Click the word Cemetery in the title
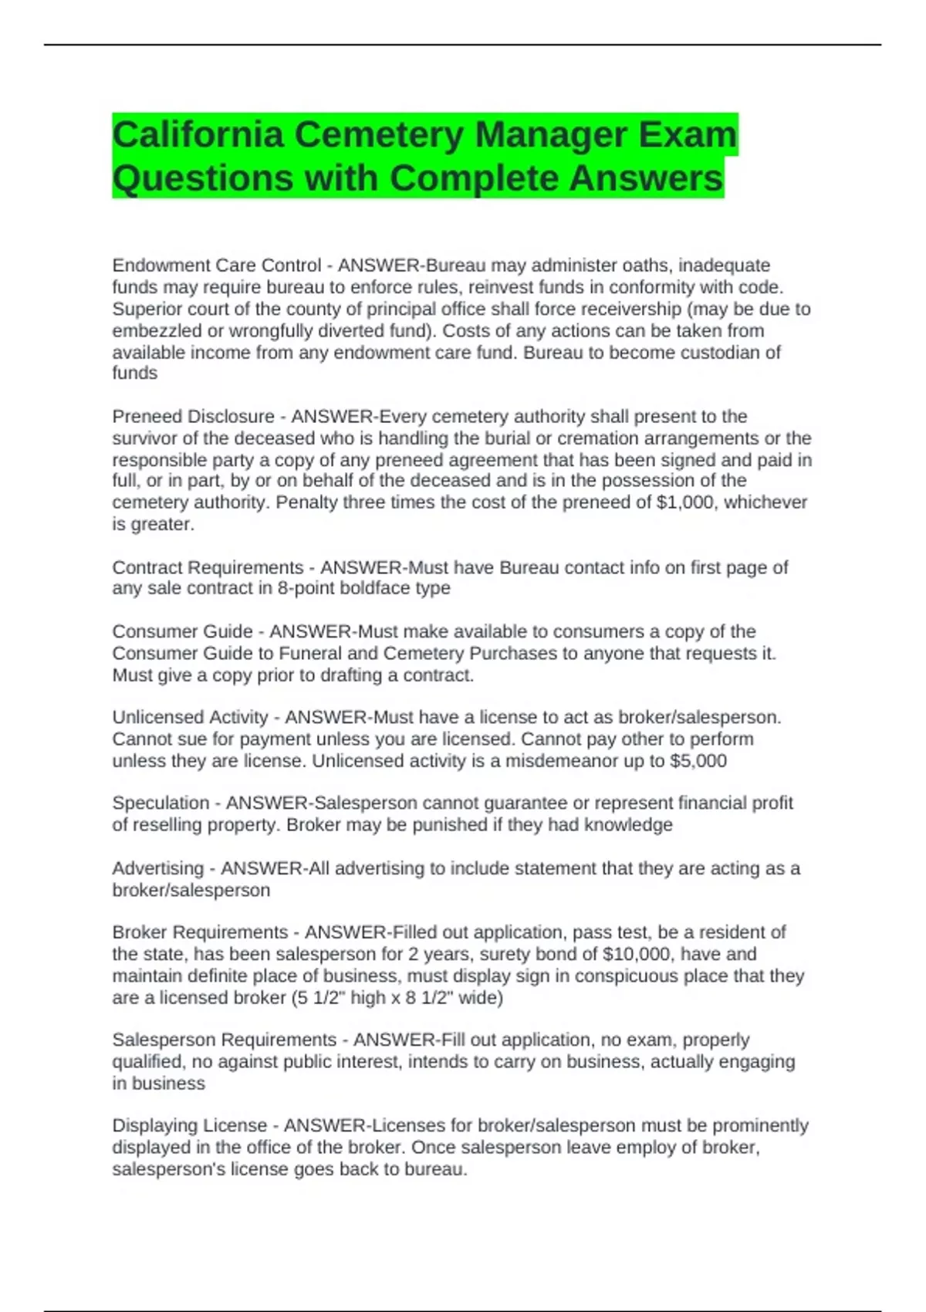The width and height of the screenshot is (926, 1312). pyautogui.click(x=379, y=135)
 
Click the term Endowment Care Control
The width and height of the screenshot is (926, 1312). pyautogui.click(x=216, y=265)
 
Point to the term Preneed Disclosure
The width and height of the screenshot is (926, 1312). pyautogui.click(x=193, y=417)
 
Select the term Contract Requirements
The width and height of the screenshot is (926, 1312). pyautogui.click(x=208, y=568)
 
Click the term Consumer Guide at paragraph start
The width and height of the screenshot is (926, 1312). pyautogui.click(x=182, y=631)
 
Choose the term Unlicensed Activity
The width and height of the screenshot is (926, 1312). pyautogui.click(x=190, y=717)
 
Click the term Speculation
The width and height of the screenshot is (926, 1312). pyautogui.click(x=161, y=803)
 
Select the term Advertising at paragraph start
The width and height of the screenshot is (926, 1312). pyautogui.click(x=157, y=868)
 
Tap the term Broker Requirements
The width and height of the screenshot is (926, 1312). pyautogui.click(x=200, y=932)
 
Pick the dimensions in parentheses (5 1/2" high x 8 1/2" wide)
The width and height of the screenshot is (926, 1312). pyautogui.click(x=397, y=998)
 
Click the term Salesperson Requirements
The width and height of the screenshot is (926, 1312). pyautogui.click(x=224, y=1040)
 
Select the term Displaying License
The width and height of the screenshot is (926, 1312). pyautogui.click(x=189, y=1126)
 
